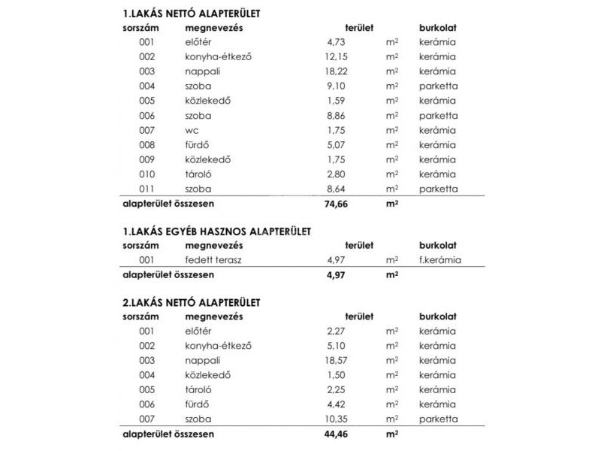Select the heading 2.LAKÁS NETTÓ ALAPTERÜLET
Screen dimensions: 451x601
(x=191, y=302)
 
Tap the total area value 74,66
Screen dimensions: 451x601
(x=337, y=203)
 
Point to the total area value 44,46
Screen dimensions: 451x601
(x=337, y=434)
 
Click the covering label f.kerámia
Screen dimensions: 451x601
(x=440, y=260)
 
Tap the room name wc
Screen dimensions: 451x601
(x=192, y=130)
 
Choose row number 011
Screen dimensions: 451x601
(x=146, y=189)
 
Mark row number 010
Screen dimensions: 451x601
(x=146, y=174)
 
